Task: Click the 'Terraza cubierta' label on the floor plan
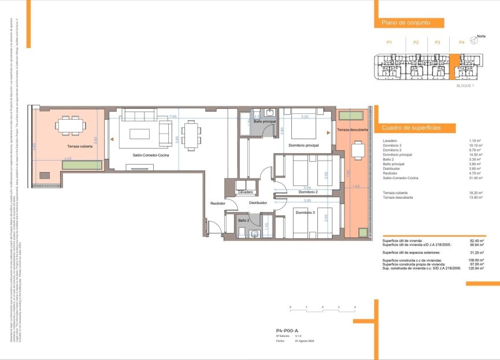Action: tap(80, 147)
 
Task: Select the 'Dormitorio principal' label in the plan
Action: tap(303, 145)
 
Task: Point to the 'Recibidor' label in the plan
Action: tap(217, 203)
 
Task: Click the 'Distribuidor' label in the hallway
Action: tap(258, 203)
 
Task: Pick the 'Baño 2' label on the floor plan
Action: tap(244, 220)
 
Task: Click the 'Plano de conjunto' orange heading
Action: tap(401, 23)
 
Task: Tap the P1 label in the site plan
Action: tap(390, 43)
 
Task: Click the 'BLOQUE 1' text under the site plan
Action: tap(465, 86)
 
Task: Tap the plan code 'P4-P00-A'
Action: tap(287, 329)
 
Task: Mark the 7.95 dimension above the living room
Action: tap(172, 117)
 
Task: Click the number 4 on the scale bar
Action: tap(355, 307)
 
